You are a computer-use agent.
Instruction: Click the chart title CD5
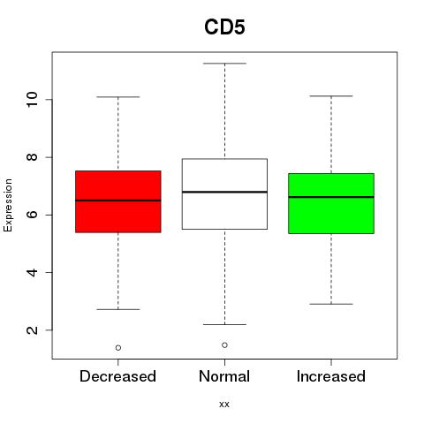pos(224,27)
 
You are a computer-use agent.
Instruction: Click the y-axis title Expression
pos(8,205)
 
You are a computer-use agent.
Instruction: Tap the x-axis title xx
pos(224,405)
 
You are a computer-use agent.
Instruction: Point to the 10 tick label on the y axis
pos(33,100)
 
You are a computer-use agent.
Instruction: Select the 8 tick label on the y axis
pos(33,157)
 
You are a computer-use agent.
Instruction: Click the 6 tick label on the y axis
pos(33,215)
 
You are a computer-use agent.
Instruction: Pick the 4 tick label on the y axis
pos(33,272)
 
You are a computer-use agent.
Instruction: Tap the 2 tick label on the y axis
pos(33,330)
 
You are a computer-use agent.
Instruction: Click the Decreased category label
pos(117,376)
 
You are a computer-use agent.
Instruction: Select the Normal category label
pos(224,376)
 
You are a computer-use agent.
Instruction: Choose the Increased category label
pos(331,376)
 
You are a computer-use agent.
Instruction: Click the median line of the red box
pos(118,201)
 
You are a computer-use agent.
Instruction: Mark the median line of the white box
pos(224,192)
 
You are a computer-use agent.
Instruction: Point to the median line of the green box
pos(331,197)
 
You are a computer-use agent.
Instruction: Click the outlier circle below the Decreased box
pos(118,348)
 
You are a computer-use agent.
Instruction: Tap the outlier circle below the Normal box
pos(224,345)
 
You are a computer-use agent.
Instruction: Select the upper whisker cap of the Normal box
pos(224,64)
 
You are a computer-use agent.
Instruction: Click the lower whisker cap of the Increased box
pos(331,304)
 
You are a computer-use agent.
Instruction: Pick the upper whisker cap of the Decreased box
pos(118,97)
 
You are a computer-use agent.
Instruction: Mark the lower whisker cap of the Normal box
pos(224,324)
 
